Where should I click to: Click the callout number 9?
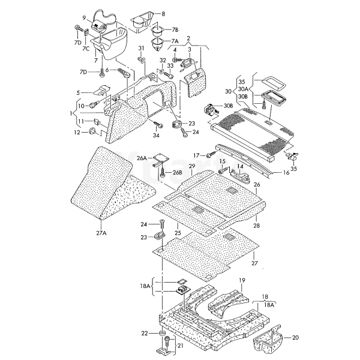pyautogui.click(x=84, y=17)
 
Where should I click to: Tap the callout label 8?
pyautogui.click(x=162, y=13)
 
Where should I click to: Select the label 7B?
pyautogui.click(x=175, y=29)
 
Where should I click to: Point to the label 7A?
pyautogui.click(x=175, y=41)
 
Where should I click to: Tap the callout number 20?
pyautogui.click(x=295, y=338)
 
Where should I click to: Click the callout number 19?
pyautogui.click(x=242, y=280)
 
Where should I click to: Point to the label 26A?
pyautogui.click(x=141, y=158)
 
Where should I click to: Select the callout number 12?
pyautogui.click(x=77, y=132)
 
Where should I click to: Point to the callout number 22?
pyautogui.click(x=144, y=333)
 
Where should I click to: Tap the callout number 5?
pyautogui.click(x=77, y=92)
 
